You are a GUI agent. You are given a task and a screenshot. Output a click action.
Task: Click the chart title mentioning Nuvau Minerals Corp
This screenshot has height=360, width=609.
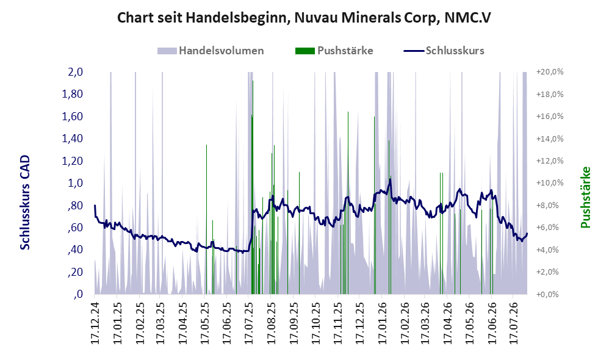304,18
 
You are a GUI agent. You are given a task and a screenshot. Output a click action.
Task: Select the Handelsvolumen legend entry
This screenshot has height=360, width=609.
211,51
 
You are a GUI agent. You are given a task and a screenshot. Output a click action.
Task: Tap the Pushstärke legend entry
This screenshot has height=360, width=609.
334,51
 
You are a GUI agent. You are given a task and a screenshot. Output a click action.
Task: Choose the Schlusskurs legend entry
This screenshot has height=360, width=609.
444,51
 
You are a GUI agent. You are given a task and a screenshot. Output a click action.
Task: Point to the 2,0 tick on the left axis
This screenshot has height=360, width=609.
75,72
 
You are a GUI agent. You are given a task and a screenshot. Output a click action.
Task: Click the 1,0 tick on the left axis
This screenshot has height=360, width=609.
75,183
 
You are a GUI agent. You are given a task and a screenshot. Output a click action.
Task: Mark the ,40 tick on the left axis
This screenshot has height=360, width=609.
76,250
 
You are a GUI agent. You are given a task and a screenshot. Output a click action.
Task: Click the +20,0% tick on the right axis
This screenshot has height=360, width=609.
550,72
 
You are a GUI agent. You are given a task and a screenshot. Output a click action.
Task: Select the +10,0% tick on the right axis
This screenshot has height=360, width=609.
550,183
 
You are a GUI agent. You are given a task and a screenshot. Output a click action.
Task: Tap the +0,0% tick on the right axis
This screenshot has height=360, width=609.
550,294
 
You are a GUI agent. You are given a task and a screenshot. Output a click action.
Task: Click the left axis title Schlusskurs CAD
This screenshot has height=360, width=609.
25,203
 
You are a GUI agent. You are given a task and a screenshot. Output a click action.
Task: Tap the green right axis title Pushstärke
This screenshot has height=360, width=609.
585,197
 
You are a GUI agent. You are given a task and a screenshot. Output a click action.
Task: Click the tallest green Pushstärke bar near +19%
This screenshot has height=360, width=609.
253,187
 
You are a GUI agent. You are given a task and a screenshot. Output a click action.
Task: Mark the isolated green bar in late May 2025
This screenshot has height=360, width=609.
207,220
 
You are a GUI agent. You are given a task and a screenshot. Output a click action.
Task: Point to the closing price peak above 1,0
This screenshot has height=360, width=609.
390,179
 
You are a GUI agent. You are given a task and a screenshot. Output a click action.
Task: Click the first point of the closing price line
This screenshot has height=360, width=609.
95,206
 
